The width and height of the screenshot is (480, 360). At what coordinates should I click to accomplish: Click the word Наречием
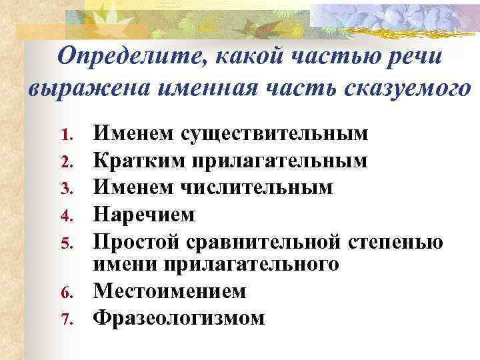pyautogui.click(x=144, y=213)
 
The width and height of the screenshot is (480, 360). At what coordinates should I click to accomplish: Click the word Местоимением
pyautogui.click(x=169, y=291)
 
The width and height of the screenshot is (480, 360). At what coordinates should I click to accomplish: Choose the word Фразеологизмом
pyautogui.click(x=179, y=317)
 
